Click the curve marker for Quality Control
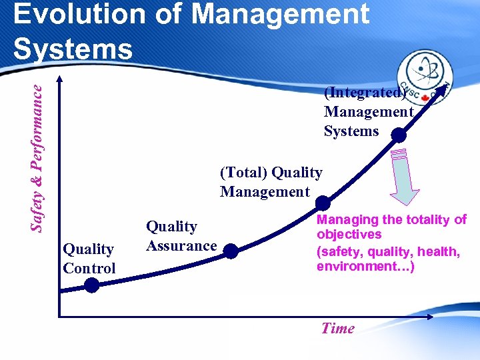pyautogui.click(x=91, y=285)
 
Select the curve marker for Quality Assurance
pyautogui.click(x=229, y=251)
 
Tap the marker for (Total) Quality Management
pyautogui.click(x=322, y=203)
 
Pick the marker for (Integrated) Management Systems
pyautogui.click(x=398, y=135)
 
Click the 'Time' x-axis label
pyautogui.click(x=337, y=328)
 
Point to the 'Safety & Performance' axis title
pyautogui.click(x=39, y=153)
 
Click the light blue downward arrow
pyautogui.click(x=404, y=175)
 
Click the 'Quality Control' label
pyautogui.click(x=89, y=259)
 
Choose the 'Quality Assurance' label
pyautogui.click(x=181, y=236)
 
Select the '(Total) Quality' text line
pyautogui.click(x=271, y=173)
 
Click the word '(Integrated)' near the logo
pyautogui.click(x=363, y=93)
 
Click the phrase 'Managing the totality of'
pyautogui.click(x=391, y=219)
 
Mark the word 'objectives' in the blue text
pyautogui.click(x=349, y=235)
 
